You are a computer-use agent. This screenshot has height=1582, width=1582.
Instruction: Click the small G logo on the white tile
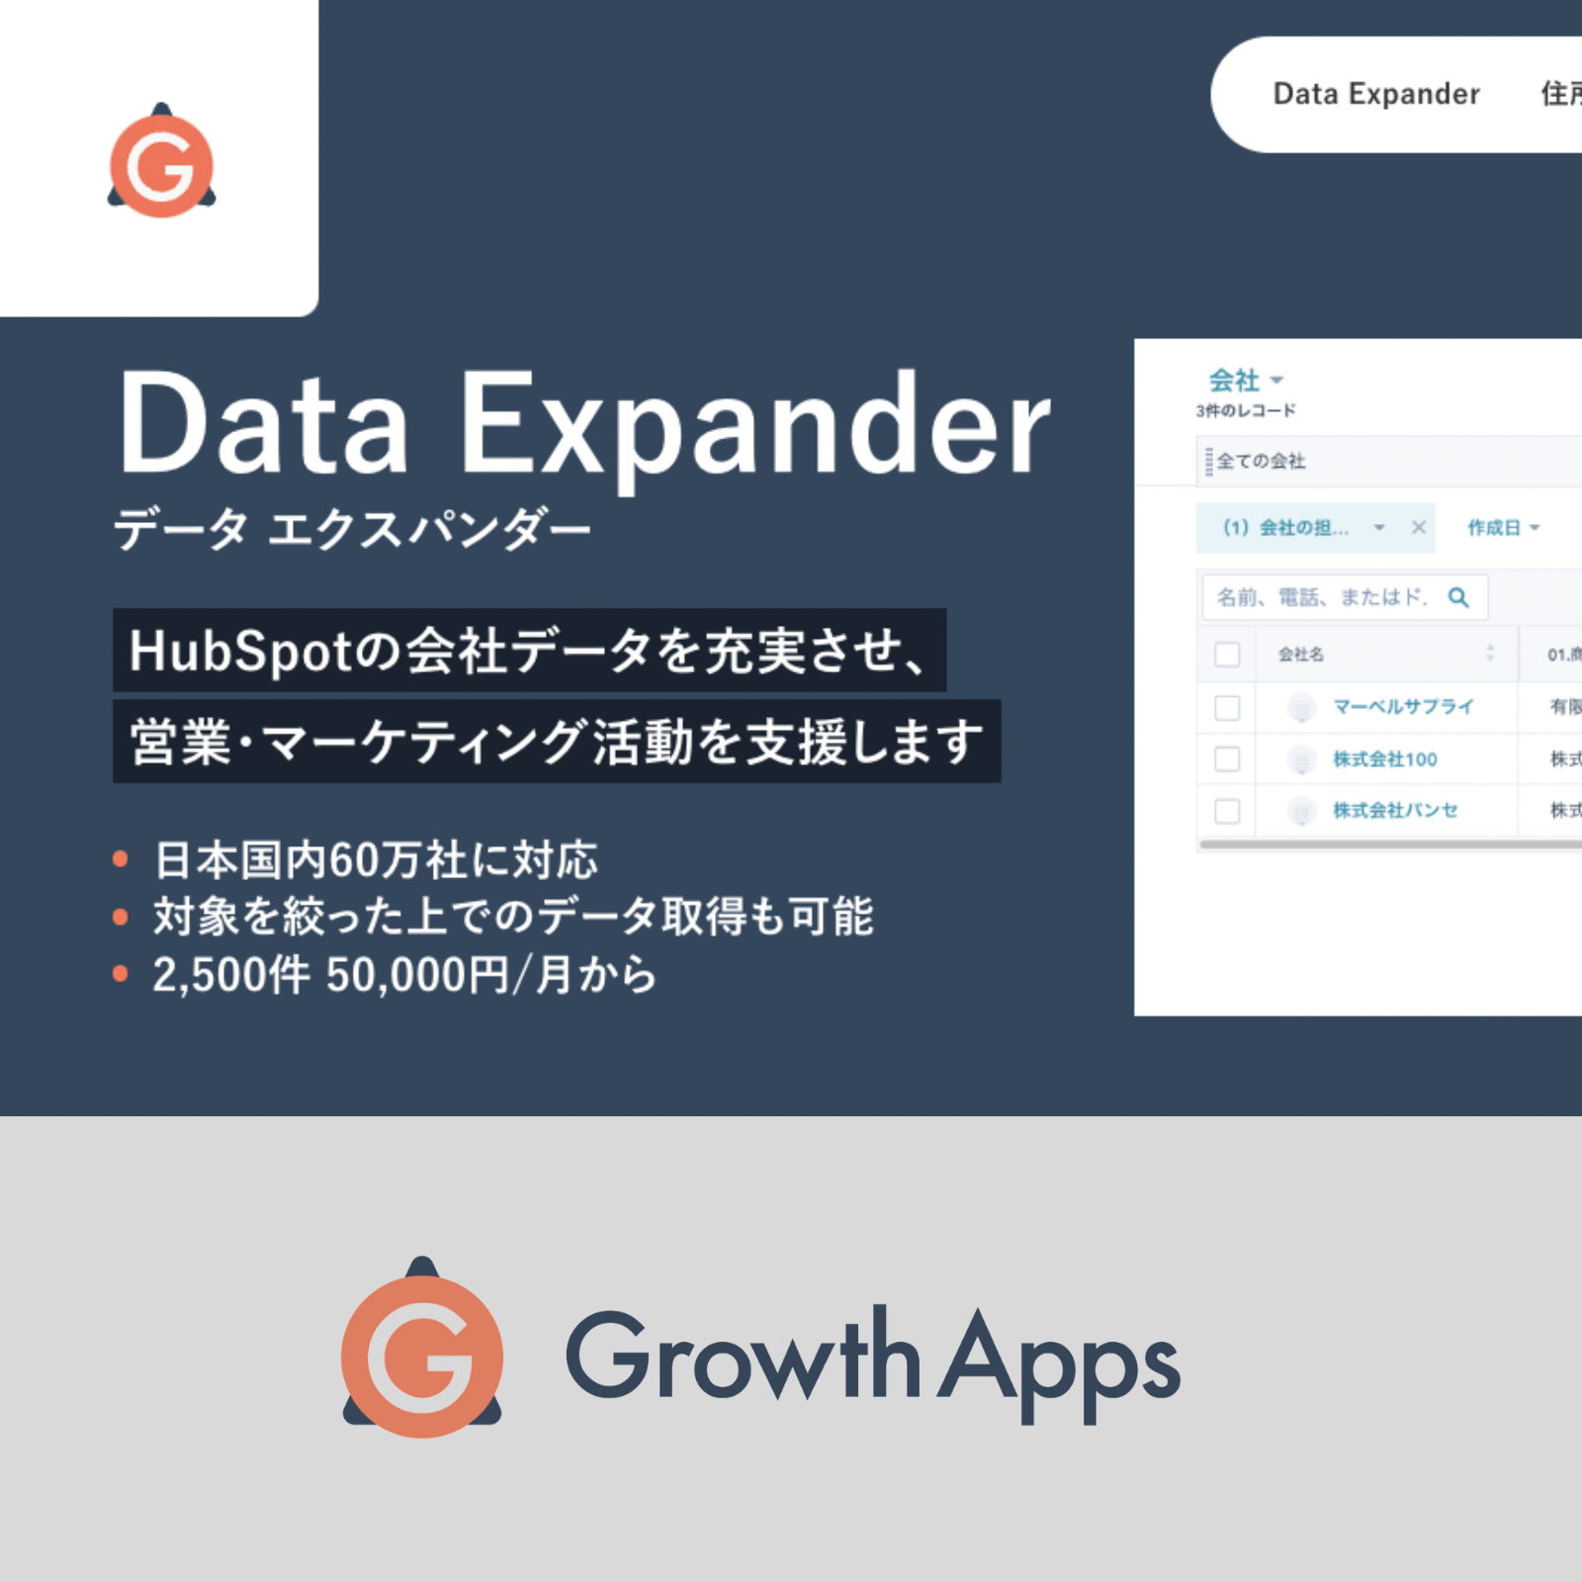tap(161, 162)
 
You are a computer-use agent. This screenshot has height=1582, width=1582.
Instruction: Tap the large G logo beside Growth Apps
tap(422, 1352)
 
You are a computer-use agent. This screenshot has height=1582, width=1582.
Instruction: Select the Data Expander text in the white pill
tap(1375, 94)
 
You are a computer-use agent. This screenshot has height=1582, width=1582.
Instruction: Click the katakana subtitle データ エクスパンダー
tap(352, 530)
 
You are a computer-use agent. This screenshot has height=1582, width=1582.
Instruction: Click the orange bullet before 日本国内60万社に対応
tap(121, 859)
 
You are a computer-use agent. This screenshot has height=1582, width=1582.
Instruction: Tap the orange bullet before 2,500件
tap(121, 974)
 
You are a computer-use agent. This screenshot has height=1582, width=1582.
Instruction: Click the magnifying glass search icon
tap(1458, 597)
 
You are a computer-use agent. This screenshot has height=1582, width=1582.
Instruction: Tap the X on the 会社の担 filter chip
tap(1418, 527)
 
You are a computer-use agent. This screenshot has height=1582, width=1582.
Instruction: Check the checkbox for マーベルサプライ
tap(1227, 707)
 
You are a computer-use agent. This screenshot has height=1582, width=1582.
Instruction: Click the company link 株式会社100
tap(1384, 759)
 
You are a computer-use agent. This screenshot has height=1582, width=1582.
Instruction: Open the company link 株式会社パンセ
tap(1394, 811)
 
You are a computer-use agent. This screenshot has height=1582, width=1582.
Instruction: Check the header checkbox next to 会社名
tap(1227, 654)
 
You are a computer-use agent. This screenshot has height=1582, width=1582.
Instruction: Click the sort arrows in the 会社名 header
tap(1490, 654)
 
